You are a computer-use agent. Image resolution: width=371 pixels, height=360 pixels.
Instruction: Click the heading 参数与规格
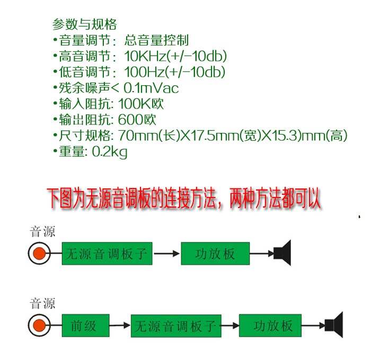pos(85,24)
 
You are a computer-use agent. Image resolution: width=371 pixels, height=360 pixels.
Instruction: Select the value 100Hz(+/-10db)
pos(175,72)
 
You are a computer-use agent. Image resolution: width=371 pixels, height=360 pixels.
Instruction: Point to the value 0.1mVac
pos(151,88)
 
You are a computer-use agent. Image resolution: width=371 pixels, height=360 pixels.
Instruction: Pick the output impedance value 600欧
pos(138,120)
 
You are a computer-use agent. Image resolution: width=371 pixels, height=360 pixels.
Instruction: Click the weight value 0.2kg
pos(110,152)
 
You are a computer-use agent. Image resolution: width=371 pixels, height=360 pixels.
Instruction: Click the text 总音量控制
pos(156,40)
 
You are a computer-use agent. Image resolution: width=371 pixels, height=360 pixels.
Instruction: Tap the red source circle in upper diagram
pos(38,254)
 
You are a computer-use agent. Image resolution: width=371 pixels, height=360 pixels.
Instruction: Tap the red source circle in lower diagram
pos(38,325)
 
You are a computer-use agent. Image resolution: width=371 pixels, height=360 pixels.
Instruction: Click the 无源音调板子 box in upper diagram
pos(108,254)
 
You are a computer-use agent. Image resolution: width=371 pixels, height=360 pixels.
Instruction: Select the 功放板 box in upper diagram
pos(215,254)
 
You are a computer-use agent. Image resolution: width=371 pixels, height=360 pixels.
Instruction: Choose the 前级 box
pos(85,325)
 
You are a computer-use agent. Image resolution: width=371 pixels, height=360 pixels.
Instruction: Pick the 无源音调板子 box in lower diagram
pos(175,325)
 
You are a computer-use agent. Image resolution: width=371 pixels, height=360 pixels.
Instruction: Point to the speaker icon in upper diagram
pos(283,253)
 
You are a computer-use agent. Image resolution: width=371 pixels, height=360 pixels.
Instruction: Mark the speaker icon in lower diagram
pos(335,325)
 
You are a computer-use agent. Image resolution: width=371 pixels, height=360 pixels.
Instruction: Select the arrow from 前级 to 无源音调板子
pos(120,325)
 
